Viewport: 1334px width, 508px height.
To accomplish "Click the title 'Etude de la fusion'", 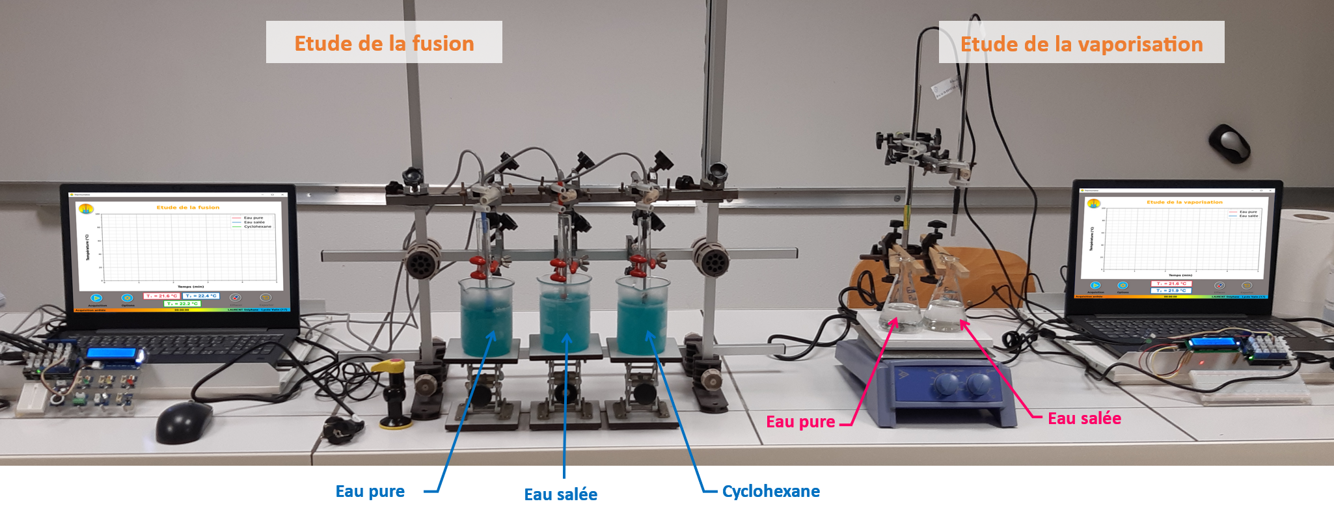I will pyautogui.click(x=384, y=43).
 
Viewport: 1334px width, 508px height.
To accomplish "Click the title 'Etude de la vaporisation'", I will pyautogui.click(x=1082, y=44).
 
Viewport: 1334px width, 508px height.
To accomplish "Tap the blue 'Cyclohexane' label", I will pyautogui.click(x=770, y=491).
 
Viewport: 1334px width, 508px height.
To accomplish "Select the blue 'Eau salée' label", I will pyautogui.click(x=560, y=494).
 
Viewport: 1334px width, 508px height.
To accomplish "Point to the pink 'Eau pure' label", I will pyautogui.click(x=800, y=421).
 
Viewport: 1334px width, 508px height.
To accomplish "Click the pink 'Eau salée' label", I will pyautogui.click(x=1084, y=418).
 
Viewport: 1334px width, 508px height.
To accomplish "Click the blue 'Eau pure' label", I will pyautogui.click(x=370, y=491).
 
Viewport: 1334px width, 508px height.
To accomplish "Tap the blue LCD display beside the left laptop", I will pyautogui.click(x=111, y=354).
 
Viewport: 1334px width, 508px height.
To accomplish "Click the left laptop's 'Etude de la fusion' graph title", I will pyautogui.click(x=188, y=207).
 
